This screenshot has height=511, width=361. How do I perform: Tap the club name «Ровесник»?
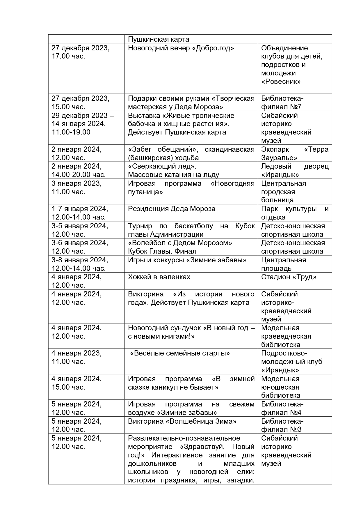(x=281, y=82)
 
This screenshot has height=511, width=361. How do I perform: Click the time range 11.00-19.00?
(x=71, y=132)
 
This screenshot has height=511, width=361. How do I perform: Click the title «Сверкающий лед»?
(x=162, y=166)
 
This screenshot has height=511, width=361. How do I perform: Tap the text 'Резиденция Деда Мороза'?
(x=172, y=209)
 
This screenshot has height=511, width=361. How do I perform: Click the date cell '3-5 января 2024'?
(x=80, y=226)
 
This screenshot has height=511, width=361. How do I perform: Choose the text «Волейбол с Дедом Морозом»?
(x=180, y=243)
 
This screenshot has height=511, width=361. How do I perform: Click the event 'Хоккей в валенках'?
(x=159, y=277)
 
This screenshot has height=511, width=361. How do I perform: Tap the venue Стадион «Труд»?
(x=289, y=277)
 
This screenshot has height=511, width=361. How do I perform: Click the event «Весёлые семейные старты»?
(x=180, y=353)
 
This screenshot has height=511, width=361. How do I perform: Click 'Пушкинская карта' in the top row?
(x=159, y=39)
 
